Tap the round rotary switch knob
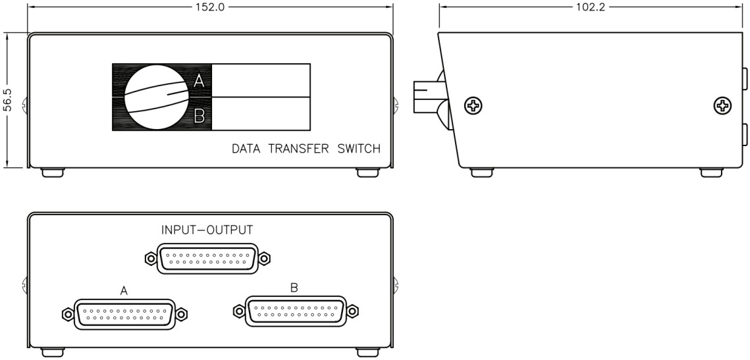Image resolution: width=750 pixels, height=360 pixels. click(155, 97)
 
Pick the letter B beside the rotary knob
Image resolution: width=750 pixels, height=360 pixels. click(200, 117)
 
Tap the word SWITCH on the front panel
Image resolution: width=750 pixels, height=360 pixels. click(359, 149)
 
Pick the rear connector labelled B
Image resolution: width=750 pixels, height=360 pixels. click(296, 311)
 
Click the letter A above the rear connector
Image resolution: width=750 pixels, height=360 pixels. click(123, 290)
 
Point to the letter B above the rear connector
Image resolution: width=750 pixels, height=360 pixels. click(295, 286)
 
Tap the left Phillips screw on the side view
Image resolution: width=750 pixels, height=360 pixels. click(473, 105)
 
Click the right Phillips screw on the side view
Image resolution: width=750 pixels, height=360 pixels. click(722, 105)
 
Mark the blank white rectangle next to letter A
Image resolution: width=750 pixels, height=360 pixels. click(261, 80)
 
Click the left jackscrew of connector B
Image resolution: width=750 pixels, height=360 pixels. click(238, 311)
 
